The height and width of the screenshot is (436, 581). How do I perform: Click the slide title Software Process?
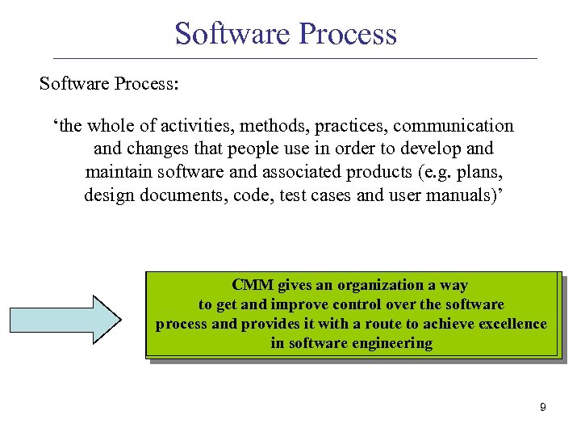point(286,34)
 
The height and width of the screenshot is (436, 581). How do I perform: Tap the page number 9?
point(542,408)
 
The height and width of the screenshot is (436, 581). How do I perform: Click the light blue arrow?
point(65,320)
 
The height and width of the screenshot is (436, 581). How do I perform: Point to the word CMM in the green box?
point(253,285)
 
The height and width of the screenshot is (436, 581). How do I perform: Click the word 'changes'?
point(160,149)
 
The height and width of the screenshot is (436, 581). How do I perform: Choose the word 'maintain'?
point(117,173)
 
